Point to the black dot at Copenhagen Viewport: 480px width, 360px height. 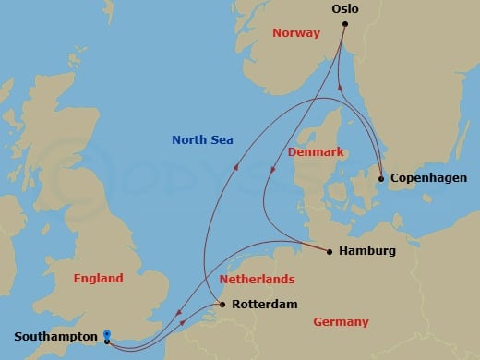click(x=381, y=178)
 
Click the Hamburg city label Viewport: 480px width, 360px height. click(x=367, y=250)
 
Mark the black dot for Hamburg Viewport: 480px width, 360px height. click(x=330, y=249)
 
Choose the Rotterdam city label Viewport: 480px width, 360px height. click(x=264, y=303)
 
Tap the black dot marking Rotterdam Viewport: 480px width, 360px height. click(x=221, y=304)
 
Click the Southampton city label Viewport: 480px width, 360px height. click(x=52, y=337)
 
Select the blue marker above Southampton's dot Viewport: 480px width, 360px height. click(x=108, y=334)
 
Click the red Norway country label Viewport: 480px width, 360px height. click(x=295, y=33)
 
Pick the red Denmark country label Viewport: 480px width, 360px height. click(x=316, y=150)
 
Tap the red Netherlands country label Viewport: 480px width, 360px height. click(x=257, y=278)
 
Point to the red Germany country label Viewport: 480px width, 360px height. click(x=341, y=322)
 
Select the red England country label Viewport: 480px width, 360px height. click(x=98, y=278)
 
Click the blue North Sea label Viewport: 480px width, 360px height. click(x=202, y=140)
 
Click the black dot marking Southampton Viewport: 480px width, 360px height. click(x=108, y=342)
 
